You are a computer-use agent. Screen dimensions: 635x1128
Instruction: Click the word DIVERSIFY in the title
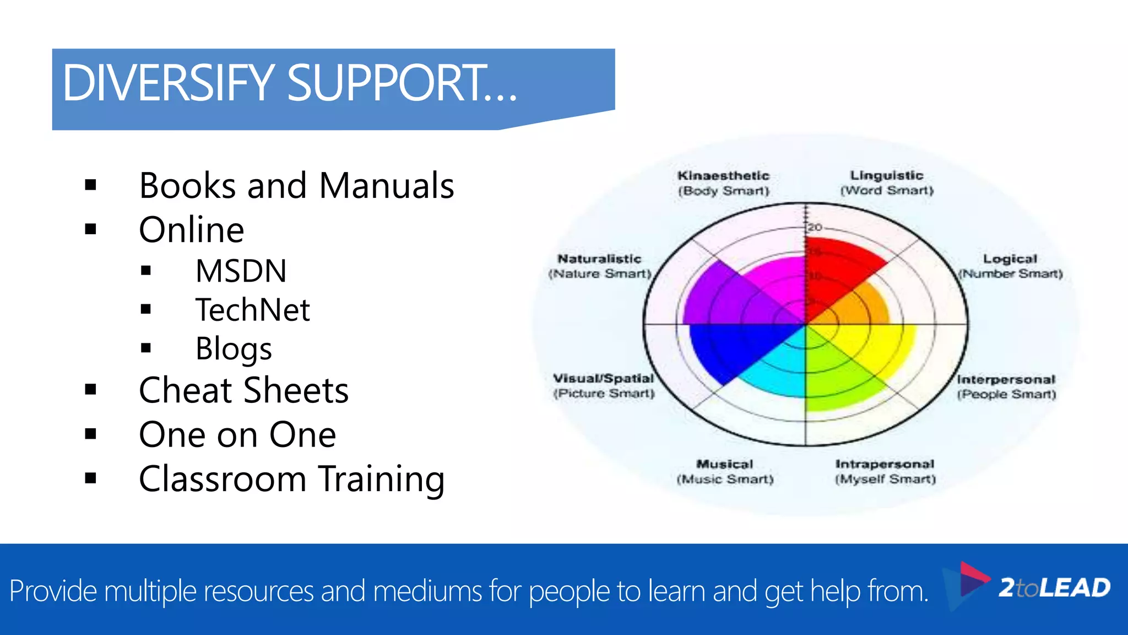point(168,84)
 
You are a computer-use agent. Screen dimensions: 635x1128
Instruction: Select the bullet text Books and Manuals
point(296,186)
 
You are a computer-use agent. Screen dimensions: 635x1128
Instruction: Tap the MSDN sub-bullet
point(241,271)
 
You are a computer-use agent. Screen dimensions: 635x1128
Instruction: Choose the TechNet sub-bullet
point(253,310)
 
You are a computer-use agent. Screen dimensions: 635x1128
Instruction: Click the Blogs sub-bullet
point(234,349)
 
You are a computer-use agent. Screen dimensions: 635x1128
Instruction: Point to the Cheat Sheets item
point(243,390)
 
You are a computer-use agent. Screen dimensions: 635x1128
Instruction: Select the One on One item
point(237,435)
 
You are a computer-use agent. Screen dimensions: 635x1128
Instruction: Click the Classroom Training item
point(291,479)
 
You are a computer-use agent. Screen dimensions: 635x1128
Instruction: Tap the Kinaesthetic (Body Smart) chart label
point(723,183)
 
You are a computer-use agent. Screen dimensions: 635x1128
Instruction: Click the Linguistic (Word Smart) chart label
point(887,183)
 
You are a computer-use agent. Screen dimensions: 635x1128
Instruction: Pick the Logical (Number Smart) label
point(1010,266)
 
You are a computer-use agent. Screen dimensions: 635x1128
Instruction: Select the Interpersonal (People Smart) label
point(1006,387)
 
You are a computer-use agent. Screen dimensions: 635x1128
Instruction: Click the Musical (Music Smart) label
point(725,472)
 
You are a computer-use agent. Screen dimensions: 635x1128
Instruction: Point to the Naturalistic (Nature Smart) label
point(600,266)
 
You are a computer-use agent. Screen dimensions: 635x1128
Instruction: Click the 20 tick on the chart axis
point(815,227)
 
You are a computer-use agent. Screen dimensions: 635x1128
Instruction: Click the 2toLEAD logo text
point(1054,588)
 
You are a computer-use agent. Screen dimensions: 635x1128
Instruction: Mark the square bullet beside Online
point(91,229)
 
